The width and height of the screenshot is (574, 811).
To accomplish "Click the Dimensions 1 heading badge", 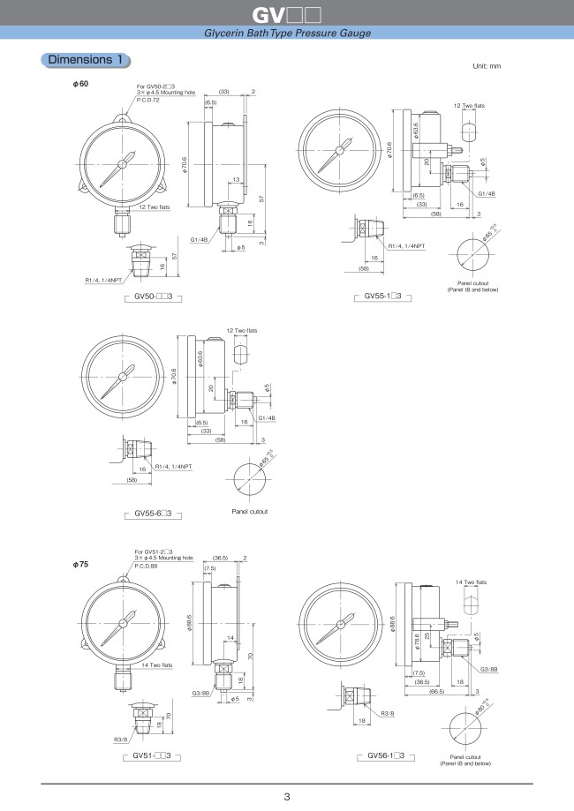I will click(x=86, y=60).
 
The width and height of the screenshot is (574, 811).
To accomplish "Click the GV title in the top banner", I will click(x=286, y=15).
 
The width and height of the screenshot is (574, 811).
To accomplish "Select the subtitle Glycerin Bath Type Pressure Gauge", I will click(x=287, y=33).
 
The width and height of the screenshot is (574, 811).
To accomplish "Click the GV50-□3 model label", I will click(x=153, y=298).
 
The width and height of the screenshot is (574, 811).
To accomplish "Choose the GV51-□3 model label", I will click(x=151, y=755).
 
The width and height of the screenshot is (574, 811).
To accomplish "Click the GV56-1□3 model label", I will click(x=385, y=755).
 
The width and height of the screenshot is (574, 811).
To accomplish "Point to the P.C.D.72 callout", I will click(x=147, y=101).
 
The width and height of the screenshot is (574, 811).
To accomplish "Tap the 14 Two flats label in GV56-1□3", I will click(x=471, y=583).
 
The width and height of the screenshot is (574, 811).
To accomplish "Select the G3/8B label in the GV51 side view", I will click(x=200, y=694).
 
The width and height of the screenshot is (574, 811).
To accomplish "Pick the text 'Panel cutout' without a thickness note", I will click(x=249, y=511).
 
